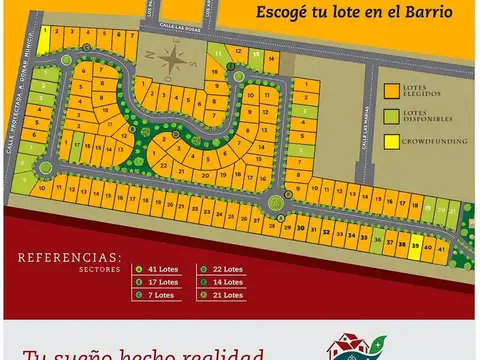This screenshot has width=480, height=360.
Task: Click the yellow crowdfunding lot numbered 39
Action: pyautogui.click(x=415, y=242)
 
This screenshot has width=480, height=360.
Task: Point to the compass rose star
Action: pyautogui.click(x=176, y=57)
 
